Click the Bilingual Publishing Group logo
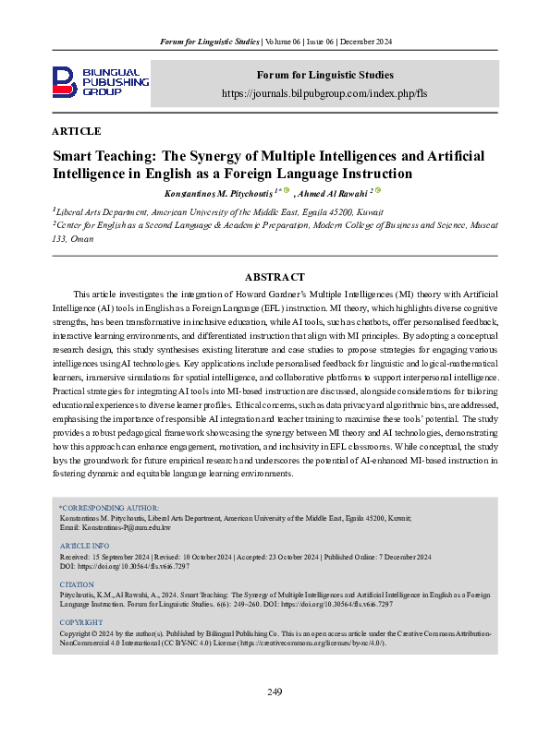coord(100,82)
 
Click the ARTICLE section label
coord(77,131)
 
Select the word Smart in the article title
coord(77,156)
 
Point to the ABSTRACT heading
coord(275,277)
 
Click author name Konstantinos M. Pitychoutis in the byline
coord(217,193)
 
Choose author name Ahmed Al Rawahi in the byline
coord(331,193)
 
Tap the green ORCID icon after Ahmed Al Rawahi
coord(379,191)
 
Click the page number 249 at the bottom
coord(275,692)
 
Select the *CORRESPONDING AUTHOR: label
coord(109,508)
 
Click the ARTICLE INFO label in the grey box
coord(84,547)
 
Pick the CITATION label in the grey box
coord(77,585)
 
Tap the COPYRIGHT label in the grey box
coord(80,623)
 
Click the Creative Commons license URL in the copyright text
coord(314,644)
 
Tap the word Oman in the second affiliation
coord(93,237)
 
